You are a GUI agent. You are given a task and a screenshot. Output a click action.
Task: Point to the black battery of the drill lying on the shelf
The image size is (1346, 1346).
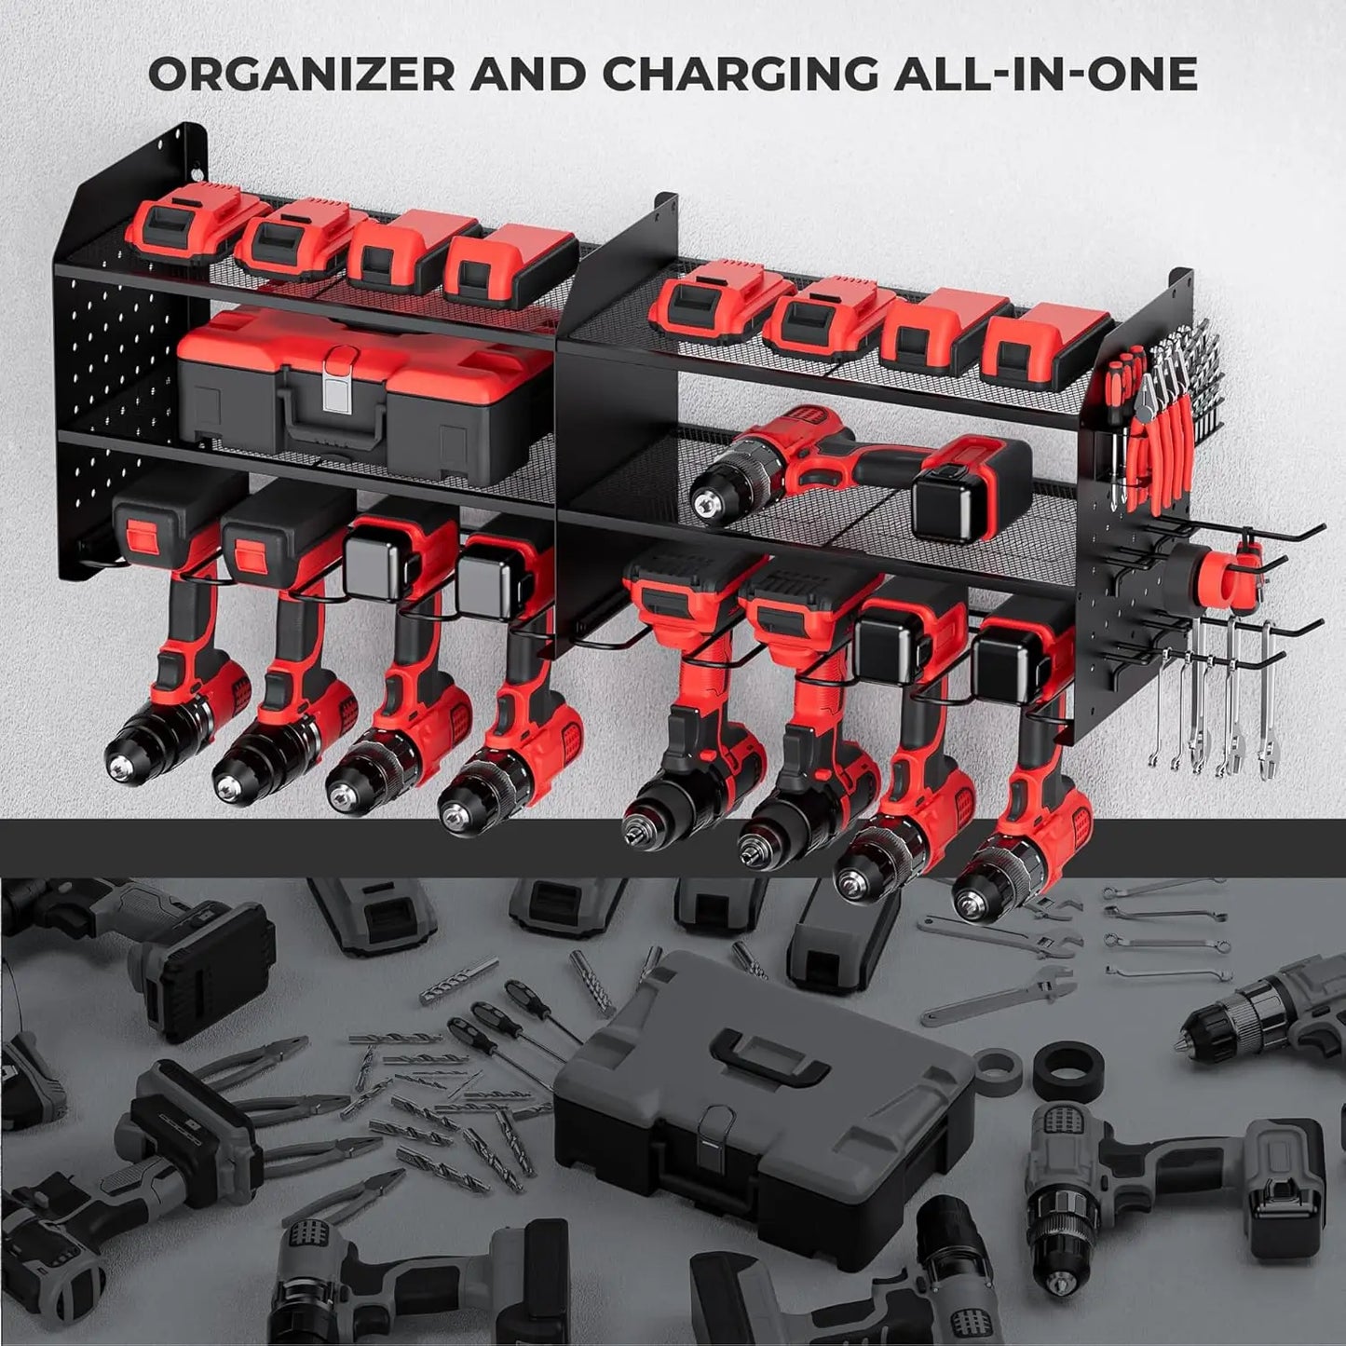(x=969, y=498)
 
